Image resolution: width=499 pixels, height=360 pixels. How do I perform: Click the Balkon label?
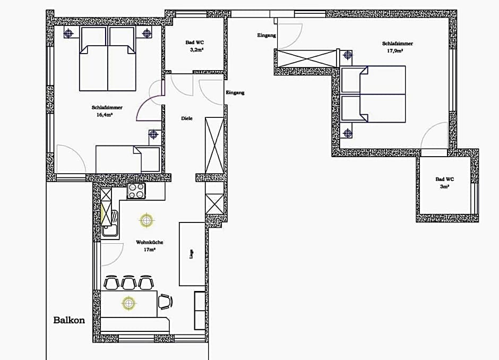(x=69, y=320)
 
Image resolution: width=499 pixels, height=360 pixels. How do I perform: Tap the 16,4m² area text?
(x=104, y=114)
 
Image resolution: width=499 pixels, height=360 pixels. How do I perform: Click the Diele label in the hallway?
(x=187, y=118)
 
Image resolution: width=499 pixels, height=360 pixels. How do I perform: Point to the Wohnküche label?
(x=149, y=242)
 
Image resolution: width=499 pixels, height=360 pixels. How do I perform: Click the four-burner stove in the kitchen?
(x=136, y=191)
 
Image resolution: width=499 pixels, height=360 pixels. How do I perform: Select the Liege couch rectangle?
(x=192, y=254)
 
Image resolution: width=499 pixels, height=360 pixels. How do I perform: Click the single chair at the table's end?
(x=166, y=302)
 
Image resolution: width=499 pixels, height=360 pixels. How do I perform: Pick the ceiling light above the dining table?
(x=128, y=303)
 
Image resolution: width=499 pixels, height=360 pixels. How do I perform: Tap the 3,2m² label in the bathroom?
(x=197, y=49)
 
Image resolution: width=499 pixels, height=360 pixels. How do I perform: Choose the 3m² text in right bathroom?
(x=444, y=187)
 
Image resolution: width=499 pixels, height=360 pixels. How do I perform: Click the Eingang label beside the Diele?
(x=235, y=93)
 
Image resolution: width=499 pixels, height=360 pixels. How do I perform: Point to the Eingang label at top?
(x=266, y=36)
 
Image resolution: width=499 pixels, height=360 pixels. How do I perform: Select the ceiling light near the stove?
(x=145, y=219)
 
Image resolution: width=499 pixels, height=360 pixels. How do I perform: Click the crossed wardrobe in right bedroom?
(x=306, y=58)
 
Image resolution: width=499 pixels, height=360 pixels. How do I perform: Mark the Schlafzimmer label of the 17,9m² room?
(x=397, y=44)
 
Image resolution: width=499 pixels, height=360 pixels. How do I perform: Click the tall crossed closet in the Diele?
(x=215, y=144)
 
